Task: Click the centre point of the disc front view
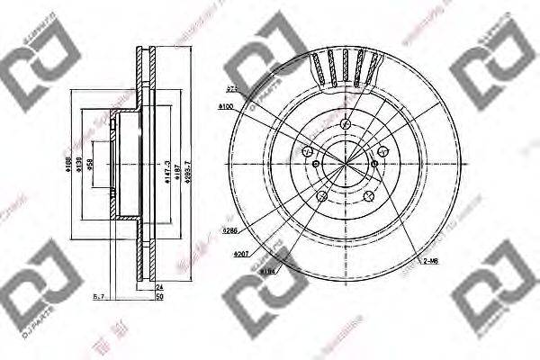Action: [x=344, y=163]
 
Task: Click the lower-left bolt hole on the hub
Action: [x=321, y=193]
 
